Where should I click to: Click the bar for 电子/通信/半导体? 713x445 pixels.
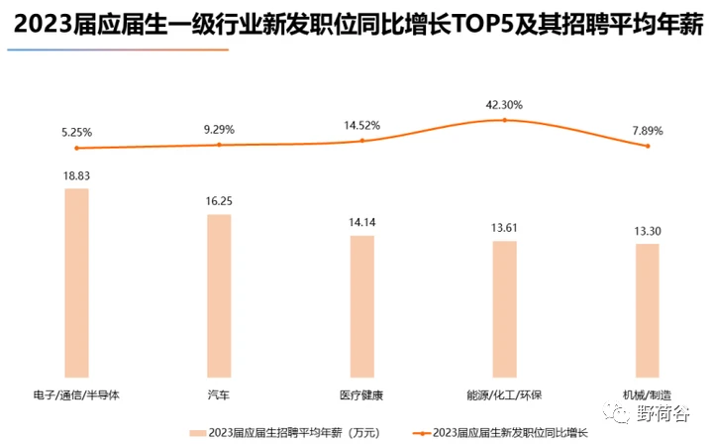pyautogui.click(x=76, y=281)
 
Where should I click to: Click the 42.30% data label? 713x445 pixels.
pyautogui.click(x=504, y=104)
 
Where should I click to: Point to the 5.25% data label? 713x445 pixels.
pyautogui.click(x=76, y=131)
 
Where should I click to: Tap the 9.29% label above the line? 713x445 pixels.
pyautogui.click(x=219, y=128)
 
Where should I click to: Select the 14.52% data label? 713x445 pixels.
pyautogui.click(x=361, y=126)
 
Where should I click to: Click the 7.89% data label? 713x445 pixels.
pyautogui.click(x=647, y=130)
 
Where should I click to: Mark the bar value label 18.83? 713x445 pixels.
pyautogui.click(x=76, y=174)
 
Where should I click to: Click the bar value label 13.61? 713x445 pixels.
pyautogui.click(x=504, y=228)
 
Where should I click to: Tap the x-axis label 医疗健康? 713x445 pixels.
pyautogui.click(x=361, y=394)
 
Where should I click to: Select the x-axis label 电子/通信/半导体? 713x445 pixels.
pyautogui.click(x=76, y=394)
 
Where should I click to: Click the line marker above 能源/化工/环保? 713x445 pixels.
pyautogui.click(x=504, y=120)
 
